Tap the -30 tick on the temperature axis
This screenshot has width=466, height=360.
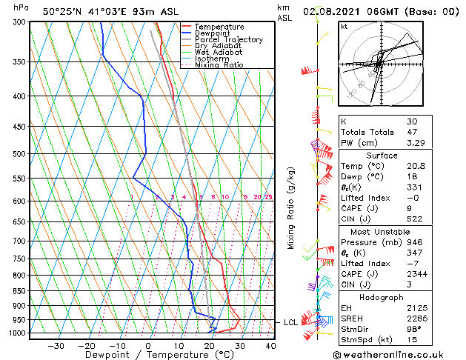click(x=56, y=345)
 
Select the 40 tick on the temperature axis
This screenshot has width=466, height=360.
click(x=270, y=345)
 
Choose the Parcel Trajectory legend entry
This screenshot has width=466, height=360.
click(x=228, y=39)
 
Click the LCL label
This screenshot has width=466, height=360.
click(x=290, y=322)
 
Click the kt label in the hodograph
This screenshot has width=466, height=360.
click(x=344, y=27)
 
